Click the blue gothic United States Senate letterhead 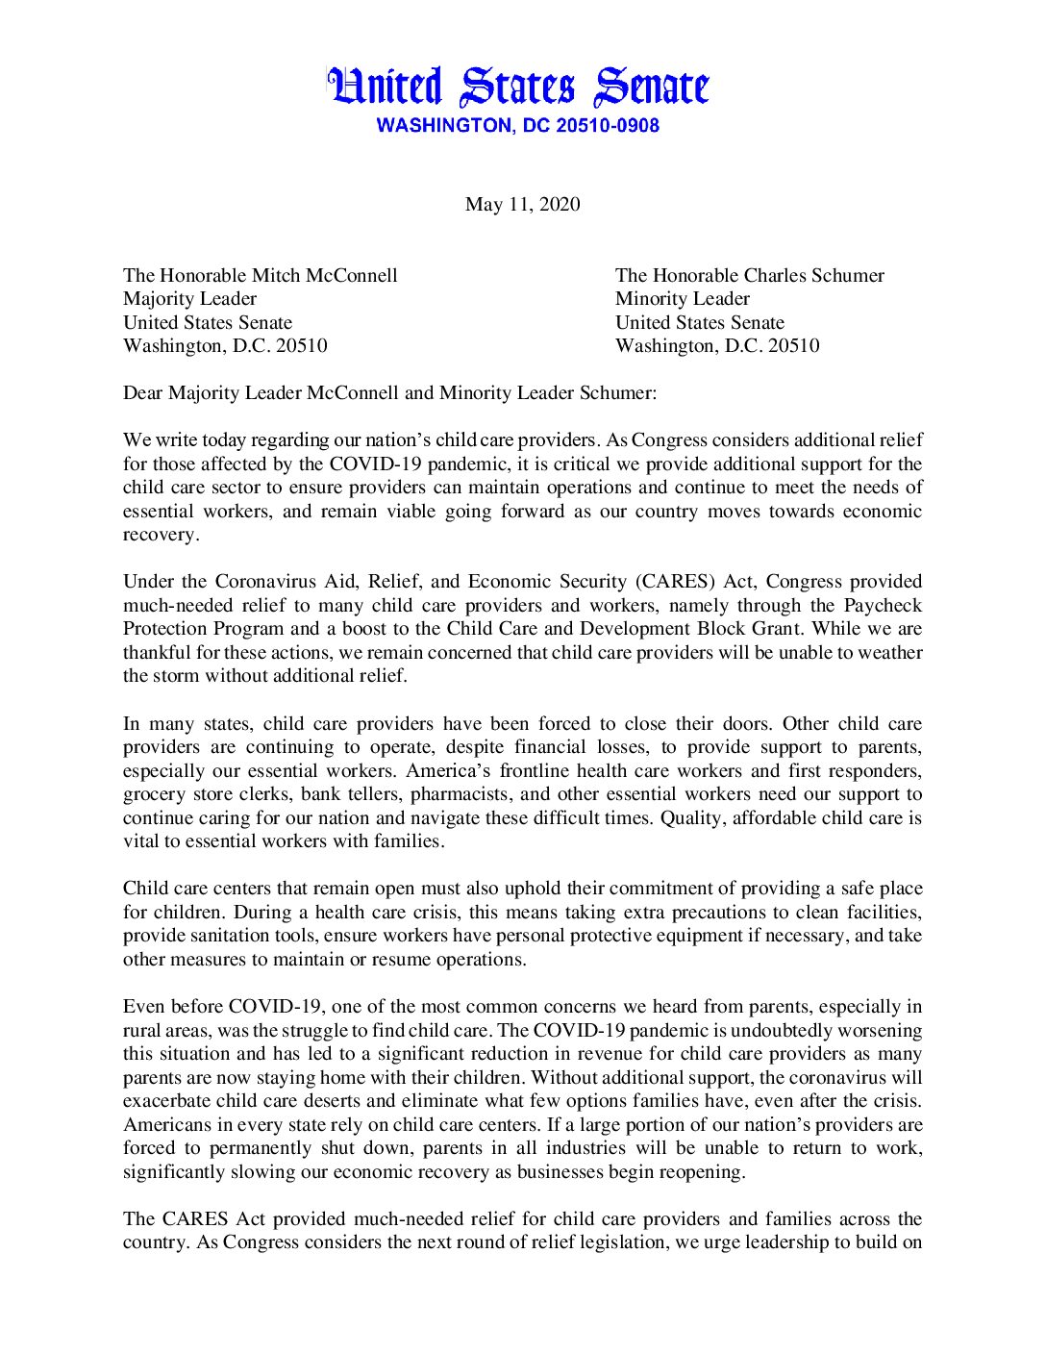point(518,88)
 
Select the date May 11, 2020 point(522,204)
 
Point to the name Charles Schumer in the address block point(815,276)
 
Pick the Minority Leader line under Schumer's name point(682,299)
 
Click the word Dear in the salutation point(143,392)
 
